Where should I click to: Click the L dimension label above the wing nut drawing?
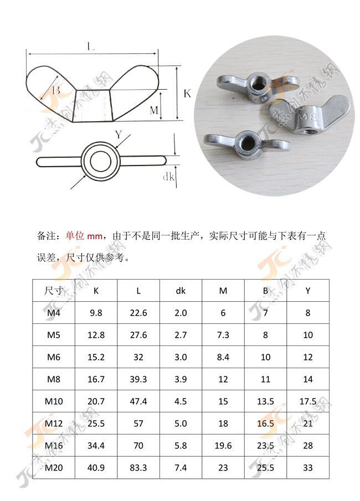tap(91, 47)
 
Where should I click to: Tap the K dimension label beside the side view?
tap(187, 94)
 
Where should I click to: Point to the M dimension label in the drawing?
tap(155, 111)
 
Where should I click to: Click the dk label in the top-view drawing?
tap(169, 177)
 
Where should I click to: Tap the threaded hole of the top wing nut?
tap(257, 81)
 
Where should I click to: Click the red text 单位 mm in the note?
tap(83, 235)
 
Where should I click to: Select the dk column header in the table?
tap(181, 290)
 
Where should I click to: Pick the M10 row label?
tap(54, 401)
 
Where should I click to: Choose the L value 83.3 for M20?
tap(138, 468)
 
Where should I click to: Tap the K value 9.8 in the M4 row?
tap(96, 313)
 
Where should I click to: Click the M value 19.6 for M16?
tap(223, 446)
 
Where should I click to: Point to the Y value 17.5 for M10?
tap(308, 401)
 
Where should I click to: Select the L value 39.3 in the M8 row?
tap(138, 379)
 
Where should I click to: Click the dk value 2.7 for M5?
tap(181, 335)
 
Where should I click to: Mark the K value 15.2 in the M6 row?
tap(96, 357)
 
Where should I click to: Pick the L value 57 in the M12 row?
tap(138, 423)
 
